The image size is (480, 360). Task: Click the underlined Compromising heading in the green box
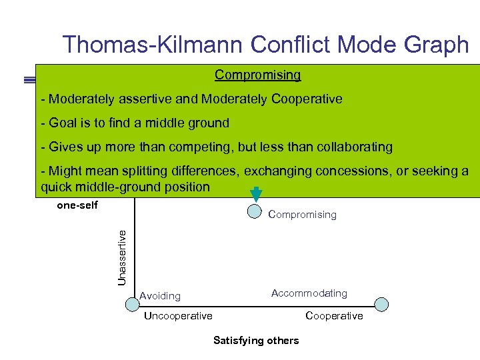click(x=257, y=75)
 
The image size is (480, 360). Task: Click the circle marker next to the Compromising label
click(x=255, y=211)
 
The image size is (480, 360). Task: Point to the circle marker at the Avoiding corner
click(x=132, y=304)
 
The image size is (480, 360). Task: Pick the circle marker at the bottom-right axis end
click(x=381, y=304)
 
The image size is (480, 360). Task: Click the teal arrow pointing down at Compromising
click(x=256, y=192)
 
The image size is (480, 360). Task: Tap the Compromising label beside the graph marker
click(x=302, y=215)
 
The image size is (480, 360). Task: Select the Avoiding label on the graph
click(x=160, y=295)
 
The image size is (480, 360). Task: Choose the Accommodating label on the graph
click(x=309, y=293)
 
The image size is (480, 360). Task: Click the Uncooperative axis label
click(x=178, y=315)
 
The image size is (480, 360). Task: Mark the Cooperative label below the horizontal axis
click(x=334, y=315)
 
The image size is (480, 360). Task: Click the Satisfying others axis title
click(x=256, y=341)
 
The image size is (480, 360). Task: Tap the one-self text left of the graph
click(x=77, y=205)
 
